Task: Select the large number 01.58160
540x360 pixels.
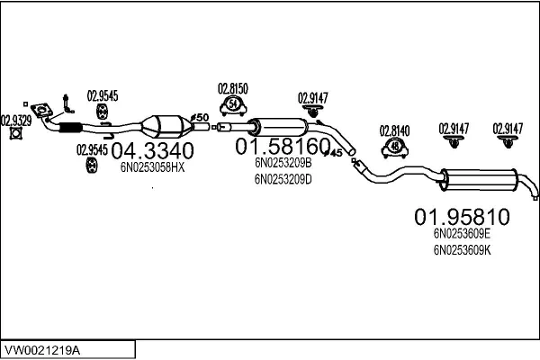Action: point(282,146)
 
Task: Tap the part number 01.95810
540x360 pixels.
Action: point(462,217)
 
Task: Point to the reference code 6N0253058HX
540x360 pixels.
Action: point(152,166)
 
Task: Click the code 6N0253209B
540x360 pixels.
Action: point(283,163)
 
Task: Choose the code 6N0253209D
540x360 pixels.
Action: point(283,178)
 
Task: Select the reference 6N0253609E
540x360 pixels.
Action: point(462,232)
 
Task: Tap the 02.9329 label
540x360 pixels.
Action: point(14,119)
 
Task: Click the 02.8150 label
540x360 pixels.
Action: point(233,88)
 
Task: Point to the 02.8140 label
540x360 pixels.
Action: point(394,130)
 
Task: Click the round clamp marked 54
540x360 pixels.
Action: point(234,107)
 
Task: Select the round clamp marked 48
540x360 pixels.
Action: point(395,147)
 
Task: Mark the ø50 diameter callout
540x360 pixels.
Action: point(201,117)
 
